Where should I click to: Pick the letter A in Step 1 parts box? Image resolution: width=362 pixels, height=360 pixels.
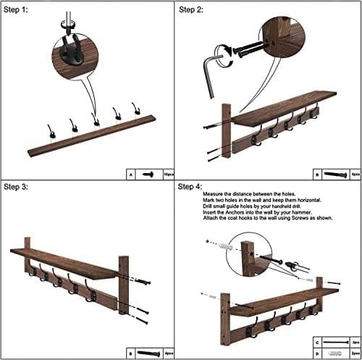pyautogui.click(x=130, y=175)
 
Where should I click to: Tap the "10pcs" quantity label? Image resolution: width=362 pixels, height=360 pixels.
pyautogui.click(x=169, y=175)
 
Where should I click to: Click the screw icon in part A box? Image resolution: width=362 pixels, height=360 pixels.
pyautogui.click(x=150, y=175)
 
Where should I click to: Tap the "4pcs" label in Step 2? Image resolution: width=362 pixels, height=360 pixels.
pyautogui.click(x=353, y=175)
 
